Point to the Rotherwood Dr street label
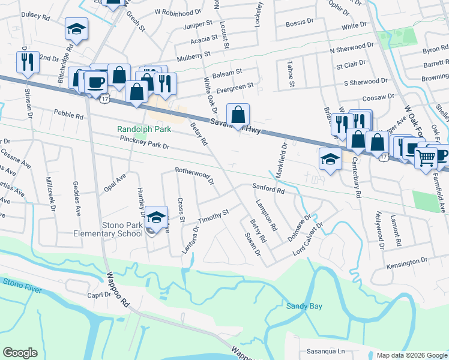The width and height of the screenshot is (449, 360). (x=194, y=174)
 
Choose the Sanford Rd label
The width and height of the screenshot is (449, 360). (x=268, y=189)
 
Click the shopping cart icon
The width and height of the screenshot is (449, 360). (x=426, y=157)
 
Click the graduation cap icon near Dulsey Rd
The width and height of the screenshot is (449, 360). (x=76, y=28)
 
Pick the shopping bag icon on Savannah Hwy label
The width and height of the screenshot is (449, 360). (x=238, y=115)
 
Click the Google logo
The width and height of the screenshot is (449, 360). (x=20, y=353)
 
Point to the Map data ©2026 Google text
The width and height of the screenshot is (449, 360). (x=412, y=355)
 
